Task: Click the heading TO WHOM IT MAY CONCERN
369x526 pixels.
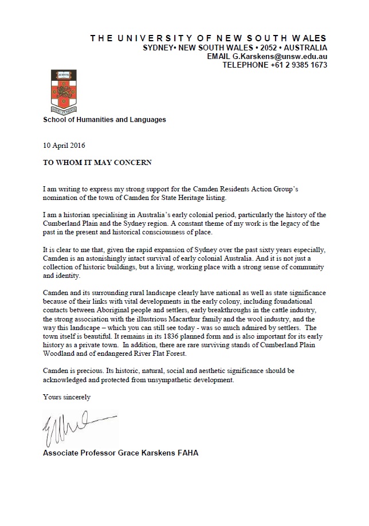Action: (x=97, y=162)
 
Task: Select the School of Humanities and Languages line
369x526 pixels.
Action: (x=105, y=120)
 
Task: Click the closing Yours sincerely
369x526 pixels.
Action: (x=66, y=396)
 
